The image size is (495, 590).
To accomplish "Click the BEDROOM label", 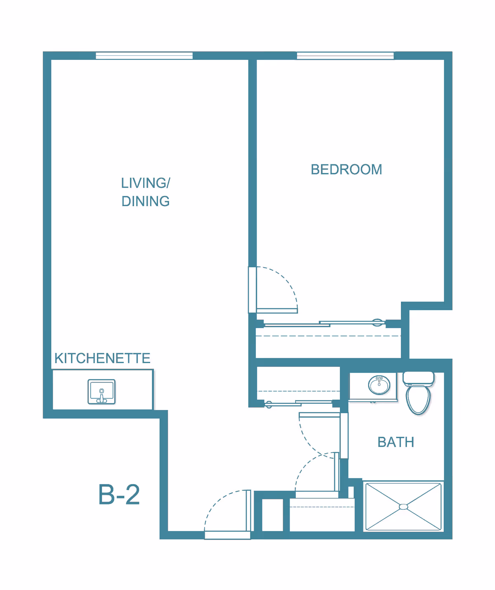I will click(x=346, y=169).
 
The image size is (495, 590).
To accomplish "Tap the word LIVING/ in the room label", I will click(x=145, y=183).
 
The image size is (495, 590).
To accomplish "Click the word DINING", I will click(x=145, y=201).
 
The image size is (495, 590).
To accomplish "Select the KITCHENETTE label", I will click(x=102, y=358).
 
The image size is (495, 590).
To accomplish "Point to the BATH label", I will click(x=396, y=442).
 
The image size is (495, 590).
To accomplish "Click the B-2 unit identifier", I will click(x=119, y=495).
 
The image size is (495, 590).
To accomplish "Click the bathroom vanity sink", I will click(x=379, y=385).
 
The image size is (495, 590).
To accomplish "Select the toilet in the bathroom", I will click(x=418, y=397).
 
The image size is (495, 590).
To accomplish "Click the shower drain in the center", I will click(x=403, y=507).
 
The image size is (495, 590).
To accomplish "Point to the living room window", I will click(x=144, y=56).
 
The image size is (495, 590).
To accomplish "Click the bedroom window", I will click(x=345, y=56).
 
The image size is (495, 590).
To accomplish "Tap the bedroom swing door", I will click(x=276, y=311).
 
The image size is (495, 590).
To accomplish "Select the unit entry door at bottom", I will click(x=227, y=535).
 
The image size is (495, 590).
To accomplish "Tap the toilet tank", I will click(x=418, y=378).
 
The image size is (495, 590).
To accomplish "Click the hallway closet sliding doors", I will click(x=301, y=402).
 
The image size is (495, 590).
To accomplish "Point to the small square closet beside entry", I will click(x=273, y=515).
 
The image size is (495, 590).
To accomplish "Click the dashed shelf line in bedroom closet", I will click(x=328, y=336).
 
